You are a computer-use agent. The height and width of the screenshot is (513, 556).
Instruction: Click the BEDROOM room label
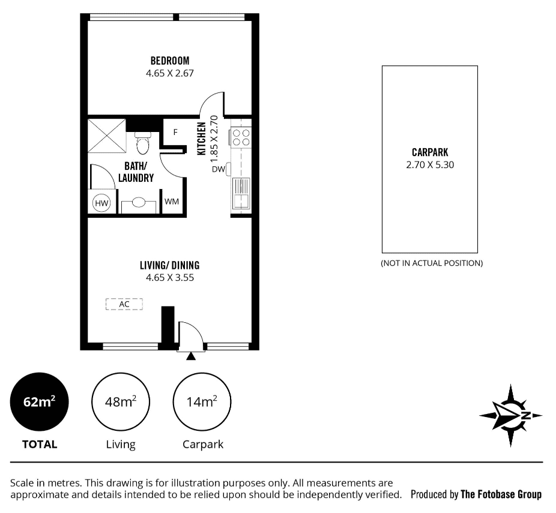pyautogui.click(x=170, y=61)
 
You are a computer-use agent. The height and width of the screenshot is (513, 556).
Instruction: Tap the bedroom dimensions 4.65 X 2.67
pyautogui.click(x=170, y=73)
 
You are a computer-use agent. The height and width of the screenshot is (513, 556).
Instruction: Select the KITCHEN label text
pyautogui.click(x=201, y=139)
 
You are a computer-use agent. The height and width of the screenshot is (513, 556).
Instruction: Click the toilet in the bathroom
pyautogui.click(x=143, y=143)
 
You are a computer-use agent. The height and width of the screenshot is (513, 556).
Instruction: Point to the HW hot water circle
pyautogui.click(x=101, y=203)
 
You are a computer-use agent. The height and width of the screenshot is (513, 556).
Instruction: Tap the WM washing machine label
pyautogui.click(x=172, y=202)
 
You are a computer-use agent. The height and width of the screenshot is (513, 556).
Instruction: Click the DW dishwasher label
pyautogui.click(x=219, y=169)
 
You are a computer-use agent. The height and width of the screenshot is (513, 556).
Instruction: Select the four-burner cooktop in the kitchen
pyautogui.click(x=241, y=137)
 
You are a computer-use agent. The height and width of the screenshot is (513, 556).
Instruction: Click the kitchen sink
pyautogui.click(x=241, y=193)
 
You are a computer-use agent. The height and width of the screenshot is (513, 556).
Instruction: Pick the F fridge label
pyautogui.click(x=175, y=132)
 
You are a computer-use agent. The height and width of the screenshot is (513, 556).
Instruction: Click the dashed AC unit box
pyautogui.click(x=124, y=304)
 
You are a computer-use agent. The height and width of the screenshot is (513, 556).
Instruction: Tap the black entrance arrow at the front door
pyautogui.click(x=191, y=356)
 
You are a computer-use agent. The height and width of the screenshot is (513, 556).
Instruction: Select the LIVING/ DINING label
pyautogui.click(x=169, y=265)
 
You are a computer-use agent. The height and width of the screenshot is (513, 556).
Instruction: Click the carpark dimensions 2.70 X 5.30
pyautogui.click(x=430, y=165)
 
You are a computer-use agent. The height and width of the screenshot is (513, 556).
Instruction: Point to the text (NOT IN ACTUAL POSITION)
pyautogui.click(x=432, y=263)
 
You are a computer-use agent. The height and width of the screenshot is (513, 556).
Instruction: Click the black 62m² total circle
pyautogui.click(x=39, y=402)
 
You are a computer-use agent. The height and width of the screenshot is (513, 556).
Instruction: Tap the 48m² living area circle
pyautogui.click(x=121, y=402)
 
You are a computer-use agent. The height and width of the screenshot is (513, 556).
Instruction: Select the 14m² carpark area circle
pyautogui.click(x=202, y=402)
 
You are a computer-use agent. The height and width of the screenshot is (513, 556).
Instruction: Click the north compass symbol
pyautogui.click(x=510, y=416)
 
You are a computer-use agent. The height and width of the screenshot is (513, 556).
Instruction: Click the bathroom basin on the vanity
pyautogui.click(x=139, y=203)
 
